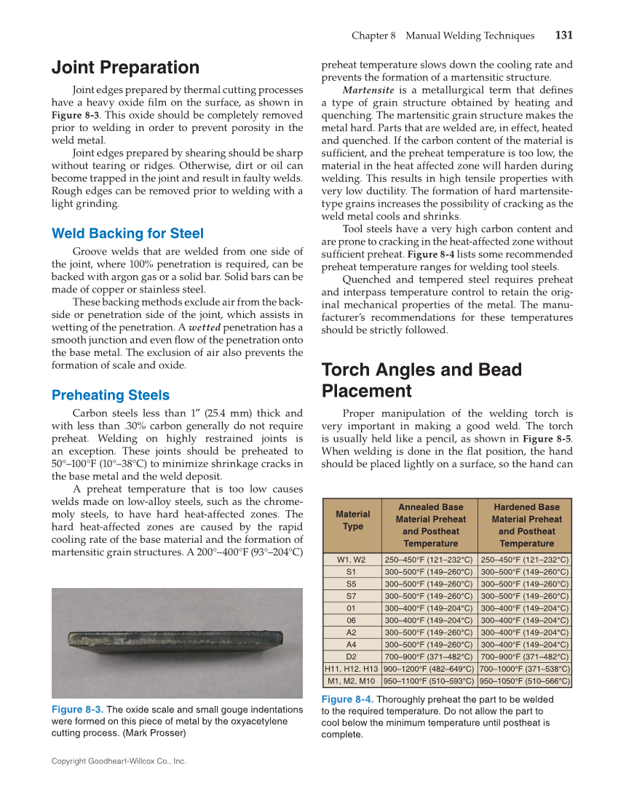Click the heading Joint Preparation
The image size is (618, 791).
125,68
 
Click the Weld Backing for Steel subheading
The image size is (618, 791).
127,234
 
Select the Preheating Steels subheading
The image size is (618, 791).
110,395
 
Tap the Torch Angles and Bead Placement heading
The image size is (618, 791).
421,380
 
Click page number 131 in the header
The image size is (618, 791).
563,35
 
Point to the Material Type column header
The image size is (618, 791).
352,520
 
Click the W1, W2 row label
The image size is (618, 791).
352,560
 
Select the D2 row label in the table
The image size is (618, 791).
352,656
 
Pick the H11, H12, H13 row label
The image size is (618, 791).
352,669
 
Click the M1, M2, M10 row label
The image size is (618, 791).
352,681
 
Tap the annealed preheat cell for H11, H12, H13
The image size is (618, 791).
429,669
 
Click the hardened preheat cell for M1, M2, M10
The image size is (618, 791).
524,681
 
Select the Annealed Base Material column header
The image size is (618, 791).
429,525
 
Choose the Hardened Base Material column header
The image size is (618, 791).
526,525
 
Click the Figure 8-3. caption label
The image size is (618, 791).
77,709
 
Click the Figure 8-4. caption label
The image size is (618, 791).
348,699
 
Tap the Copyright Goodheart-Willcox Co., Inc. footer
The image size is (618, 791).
119,761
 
